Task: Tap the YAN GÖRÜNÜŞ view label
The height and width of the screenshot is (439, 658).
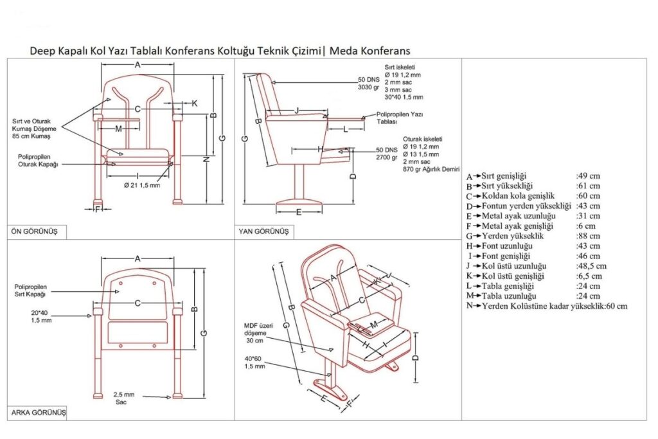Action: tap(263, 231)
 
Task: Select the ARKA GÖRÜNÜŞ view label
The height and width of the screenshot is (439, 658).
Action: tap(38, 412)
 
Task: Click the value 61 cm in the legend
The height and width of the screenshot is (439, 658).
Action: tap(588, 186)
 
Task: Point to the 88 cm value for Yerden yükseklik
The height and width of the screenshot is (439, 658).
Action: tap(589, 236)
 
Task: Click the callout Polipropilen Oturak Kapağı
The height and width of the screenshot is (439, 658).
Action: tap(39, 161)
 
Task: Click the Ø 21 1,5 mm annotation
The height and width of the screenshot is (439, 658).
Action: tap(141, 185)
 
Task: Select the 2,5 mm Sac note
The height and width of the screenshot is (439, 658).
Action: tap(124, 397)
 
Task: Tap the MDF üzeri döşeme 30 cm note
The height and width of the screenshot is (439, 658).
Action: tap(258, 334)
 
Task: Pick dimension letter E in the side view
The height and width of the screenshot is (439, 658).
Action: tap(299, 211)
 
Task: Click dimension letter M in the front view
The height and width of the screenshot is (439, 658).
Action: tap(118, 129)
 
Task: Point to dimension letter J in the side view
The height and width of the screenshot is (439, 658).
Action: tap(296, 110)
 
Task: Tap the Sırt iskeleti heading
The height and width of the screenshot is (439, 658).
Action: tap(400, 67)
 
